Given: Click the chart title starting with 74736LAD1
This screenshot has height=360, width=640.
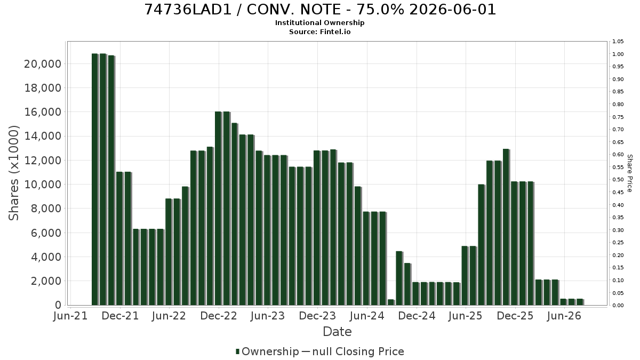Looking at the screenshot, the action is coord(319,10).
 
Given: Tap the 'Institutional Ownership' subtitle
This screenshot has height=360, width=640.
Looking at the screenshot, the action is coord(319,23).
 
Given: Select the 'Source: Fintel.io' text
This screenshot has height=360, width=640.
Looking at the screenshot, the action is coord(319,31).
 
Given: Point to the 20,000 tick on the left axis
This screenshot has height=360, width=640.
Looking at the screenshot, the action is coord(43,64).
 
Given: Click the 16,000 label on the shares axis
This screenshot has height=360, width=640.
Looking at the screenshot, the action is coord(43,112).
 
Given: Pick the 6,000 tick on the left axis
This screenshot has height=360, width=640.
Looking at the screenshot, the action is coord(46,233).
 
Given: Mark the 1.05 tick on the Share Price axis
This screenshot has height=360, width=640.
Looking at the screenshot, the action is coord(618,42).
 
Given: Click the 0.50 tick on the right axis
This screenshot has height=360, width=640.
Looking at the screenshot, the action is coord(618,180).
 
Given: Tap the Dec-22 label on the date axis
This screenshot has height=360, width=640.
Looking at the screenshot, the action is coord(219,316).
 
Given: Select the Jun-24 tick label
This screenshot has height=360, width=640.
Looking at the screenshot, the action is coord(367,316).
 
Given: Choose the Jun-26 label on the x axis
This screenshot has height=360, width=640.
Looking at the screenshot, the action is coord(564,316).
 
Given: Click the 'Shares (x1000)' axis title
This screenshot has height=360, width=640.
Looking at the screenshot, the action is coord(13,173).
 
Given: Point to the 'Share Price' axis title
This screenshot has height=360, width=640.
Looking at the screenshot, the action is coord(629,173).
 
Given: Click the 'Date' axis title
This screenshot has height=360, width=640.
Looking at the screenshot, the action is coord(337,332).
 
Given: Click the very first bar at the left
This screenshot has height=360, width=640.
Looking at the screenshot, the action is coord(95,179).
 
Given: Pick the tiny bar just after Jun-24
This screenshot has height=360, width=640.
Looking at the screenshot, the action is coord(391,302).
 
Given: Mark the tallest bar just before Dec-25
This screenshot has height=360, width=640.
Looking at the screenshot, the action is coord(506,227).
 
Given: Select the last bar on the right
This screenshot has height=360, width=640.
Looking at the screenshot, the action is coord(580,302).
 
